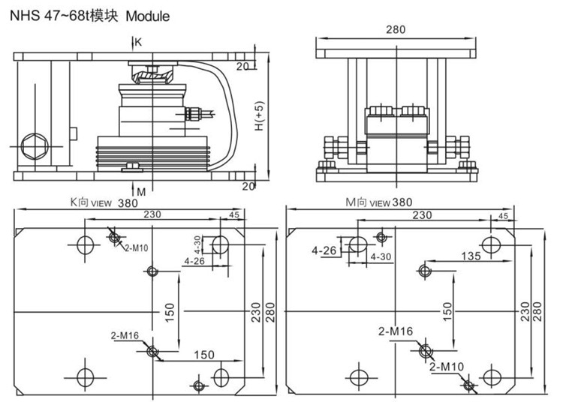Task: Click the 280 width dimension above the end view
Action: coord(396,29)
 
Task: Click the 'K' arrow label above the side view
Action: coord(137,42)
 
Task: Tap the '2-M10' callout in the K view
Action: coord(135,247)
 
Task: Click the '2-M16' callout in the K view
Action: coord(125,334)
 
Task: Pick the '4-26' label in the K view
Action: coord(194,261)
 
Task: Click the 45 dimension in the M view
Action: coord(503,216)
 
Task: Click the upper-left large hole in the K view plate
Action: coord(85,244)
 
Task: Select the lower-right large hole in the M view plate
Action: coord(492,376)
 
